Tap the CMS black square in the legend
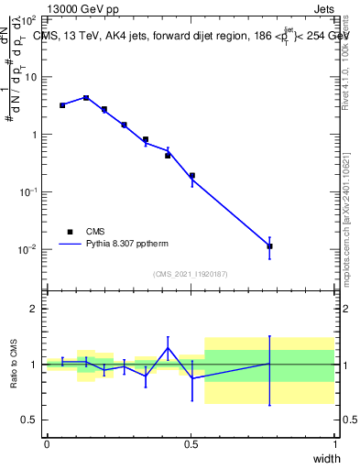[x=70, y=232]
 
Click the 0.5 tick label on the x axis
[x=191, y=444]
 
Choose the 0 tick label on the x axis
[x=47, y=444]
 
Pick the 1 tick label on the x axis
[x=335, y=444]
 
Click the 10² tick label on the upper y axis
[x=29, y=19]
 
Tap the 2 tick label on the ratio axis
[x=34, y=309]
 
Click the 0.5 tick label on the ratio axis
[x=30, y=420]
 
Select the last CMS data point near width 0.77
[x=269, y=246]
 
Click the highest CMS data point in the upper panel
[x=86, y=98]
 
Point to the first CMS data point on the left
[x=62, y=105]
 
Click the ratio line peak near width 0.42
[x=169, y=347]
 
